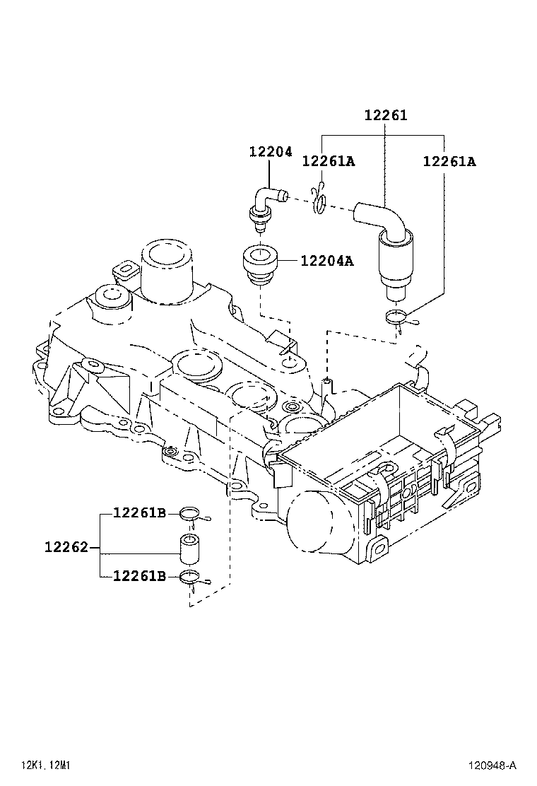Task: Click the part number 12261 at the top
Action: (x=386, y=115)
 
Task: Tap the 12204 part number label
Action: (x=270, y=152)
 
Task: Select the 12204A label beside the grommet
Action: (x=327, y=261)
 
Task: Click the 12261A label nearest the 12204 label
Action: (x=328, y=161)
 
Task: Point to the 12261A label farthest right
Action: (x=449, y=161)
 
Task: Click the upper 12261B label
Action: (x=139, y=513)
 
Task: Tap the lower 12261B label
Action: (x=139, y=577)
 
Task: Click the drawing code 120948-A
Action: (x=492, y=765)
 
